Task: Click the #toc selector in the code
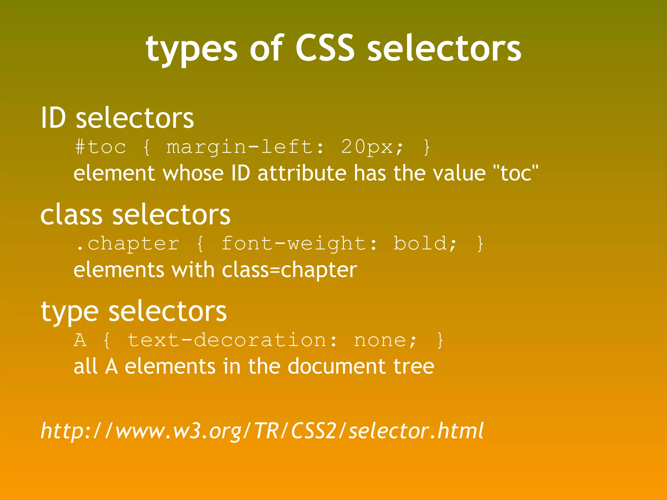(101, 147)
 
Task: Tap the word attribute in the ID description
(302, 173)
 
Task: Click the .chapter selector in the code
(128, 244)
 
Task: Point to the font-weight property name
(294, 244)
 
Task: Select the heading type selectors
(134, 312)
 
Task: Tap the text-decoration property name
(227, 340)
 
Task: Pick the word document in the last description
(337, 366)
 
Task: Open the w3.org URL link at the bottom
(262, 431)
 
